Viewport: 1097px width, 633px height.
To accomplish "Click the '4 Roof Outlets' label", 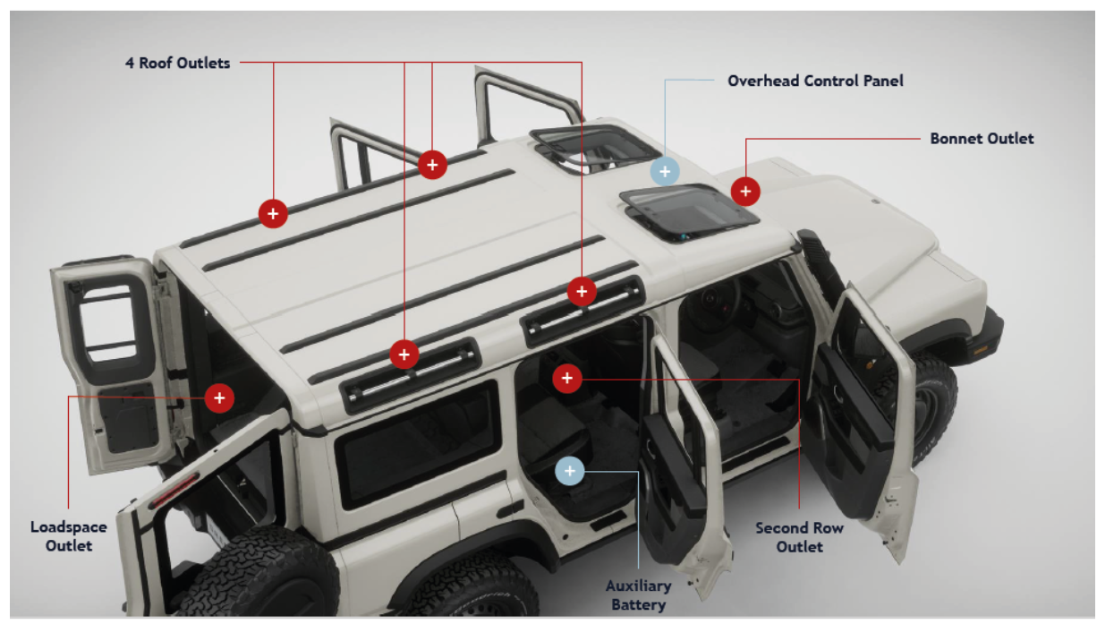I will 177,63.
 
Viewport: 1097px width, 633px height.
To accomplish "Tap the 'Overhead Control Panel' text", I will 815,81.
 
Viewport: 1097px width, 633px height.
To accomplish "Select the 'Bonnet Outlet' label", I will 982,139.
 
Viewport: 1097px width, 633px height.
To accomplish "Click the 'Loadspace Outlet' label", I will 69,535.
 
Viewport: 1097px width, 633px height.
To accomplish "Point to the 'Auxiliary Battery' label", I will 638,595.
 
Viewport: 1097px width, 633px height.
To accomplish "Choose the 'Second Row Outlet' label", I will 799,537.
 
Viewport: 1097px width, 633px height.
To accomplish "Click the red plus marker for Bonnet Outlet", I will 745,191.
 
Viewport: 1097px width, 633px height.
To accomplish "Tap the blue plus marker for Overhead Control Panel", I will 665,170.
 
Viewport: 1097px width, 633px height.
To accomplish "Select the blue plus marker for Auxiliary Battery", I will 569,470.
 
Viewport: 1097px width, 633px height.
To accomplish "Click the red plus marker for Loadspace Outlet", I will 219,397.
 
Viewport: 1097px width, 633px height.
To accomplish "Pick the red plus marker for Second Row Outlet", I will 567,379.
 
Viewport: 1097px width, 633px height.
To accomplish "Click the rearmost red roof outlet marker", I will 273,213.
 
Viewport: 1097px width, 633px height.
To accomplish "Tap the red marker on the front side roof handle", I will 582,291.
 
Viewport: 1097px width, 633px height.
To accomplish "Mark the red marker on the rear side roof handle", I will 404,355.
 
